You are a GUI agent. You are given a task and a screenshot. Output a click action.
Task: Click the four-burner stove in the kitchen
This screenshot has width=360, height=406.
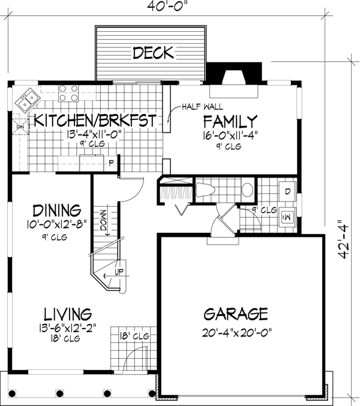tap(68, 94)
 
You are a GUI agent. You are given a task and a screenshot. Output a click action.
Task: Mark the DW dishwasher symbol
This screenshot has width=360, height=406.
tap(20, 127)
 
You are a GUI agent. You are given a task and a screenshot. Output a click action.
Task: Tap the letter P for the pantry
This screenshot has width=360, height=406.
tap(110, 162)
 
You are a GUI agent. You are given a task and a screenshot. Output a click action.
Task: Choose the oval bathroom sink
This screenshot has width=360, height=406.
tap(247, 191)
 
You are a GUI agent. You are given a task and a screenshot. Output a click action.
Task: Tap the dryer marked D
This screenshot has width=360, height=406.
tap(287, 192)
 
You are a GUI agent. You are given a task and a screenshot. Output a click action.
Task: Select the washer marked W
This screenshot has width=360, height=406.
tap(287, 215)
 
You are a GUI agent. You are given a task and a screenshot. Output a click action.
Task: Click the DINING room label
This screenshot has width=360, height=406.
tap(56, 211)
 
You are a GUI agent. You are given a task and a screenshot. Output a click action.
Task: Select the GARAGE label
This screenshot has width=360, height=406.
tap(235, 314)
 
